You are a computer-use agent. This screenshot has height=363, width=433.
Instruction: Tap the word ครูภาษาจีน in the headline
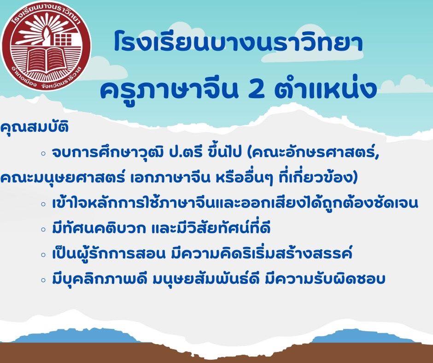[x=169, y=89]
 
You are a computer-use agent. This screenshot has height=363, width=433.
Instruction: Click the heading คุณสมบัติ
[x=34, y=128]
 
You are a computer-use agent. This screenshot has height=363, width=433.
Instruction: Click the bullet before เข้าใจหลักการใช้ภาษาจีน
[x=43, y=204]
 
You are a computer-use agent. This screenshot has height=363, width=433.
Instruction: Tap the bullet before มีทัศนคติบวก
[x=43, y=229]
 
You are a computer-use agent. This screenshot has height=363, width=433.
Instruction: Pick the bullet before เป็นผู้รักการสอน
[x=43, y=254]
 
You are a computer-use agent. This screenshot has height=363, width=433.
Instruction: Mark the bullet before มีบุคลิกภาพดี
[x=43, y=280]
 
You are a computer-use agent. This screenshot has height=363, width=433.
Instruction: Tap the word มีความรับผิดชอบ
[x=325, y=278]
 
